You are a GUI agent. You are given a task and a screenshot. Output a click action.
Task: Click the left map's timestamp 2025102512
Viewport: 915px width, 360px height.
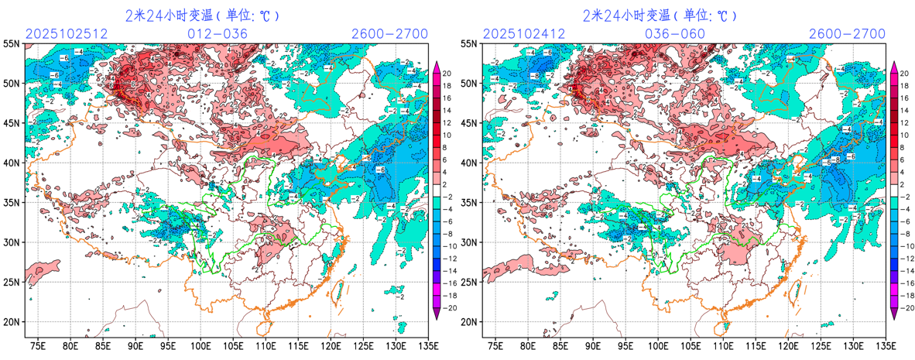tap(66, 34)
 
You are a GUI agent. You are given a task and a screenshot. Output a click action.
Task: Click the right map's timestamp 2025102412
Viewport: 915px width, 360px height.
tap(523, 34)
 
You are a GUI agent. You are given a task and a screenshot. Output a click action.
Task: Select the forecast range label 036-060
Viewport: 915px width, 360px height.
tap(675, 34)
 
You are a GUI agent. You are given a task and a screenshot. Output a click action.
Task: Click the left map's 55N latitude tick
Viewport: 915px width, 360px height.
tap(12, 44)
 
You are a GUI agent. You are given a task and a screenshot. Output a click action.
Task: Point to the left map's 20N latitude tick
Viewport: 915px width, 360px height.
tap(12, 322)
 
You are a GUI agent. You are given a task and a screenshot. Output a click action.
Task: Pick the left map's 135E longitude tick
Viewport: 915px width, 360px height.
tap(427, 345)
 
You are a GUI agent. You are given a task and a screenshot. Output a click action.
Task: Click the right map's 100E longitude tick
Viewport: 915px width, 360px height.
tap(658, 345)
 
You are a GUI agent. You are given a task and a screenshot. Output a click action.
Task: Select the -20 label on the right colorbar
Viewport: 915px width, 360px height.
tap(906, 307)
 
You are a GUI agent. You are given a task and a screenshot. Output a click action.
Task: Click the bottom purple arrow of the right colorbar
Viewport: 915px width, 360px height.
tap(895, 313)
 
